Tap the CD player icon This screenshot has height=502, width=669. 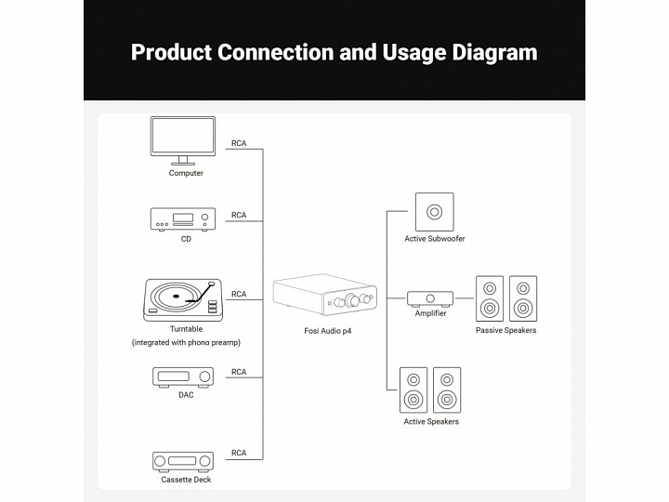pos(183,219)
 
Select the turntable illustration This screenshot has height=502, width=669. pos(185,298)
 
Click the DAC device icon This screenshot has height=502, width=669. pos(183,376)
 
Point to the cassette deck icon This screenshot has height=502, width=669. pos(183,461)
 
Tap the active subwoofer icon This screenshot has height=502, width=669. pos(434,211)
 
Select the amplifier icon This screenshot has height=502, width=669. pos(430,297)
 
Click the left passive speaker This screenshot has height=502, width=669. pos(490,297)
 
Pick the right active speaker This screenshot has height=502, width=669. pos(447,390)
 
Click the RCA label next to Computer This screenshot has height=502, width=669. pos(239,143)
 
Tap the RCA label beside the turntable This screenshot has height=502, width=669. pos(239,294)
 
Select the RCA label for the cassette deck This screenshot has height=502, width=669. pos(239,453)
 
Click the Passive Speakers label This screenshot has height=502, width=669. pos(505,330)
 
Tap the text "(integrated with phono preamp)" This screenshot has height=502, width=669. pos(186,343)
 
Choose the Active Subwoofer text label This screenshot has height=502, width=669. pos(435,239)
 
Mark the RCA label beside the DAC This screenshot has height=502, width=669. pos(239,372)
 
